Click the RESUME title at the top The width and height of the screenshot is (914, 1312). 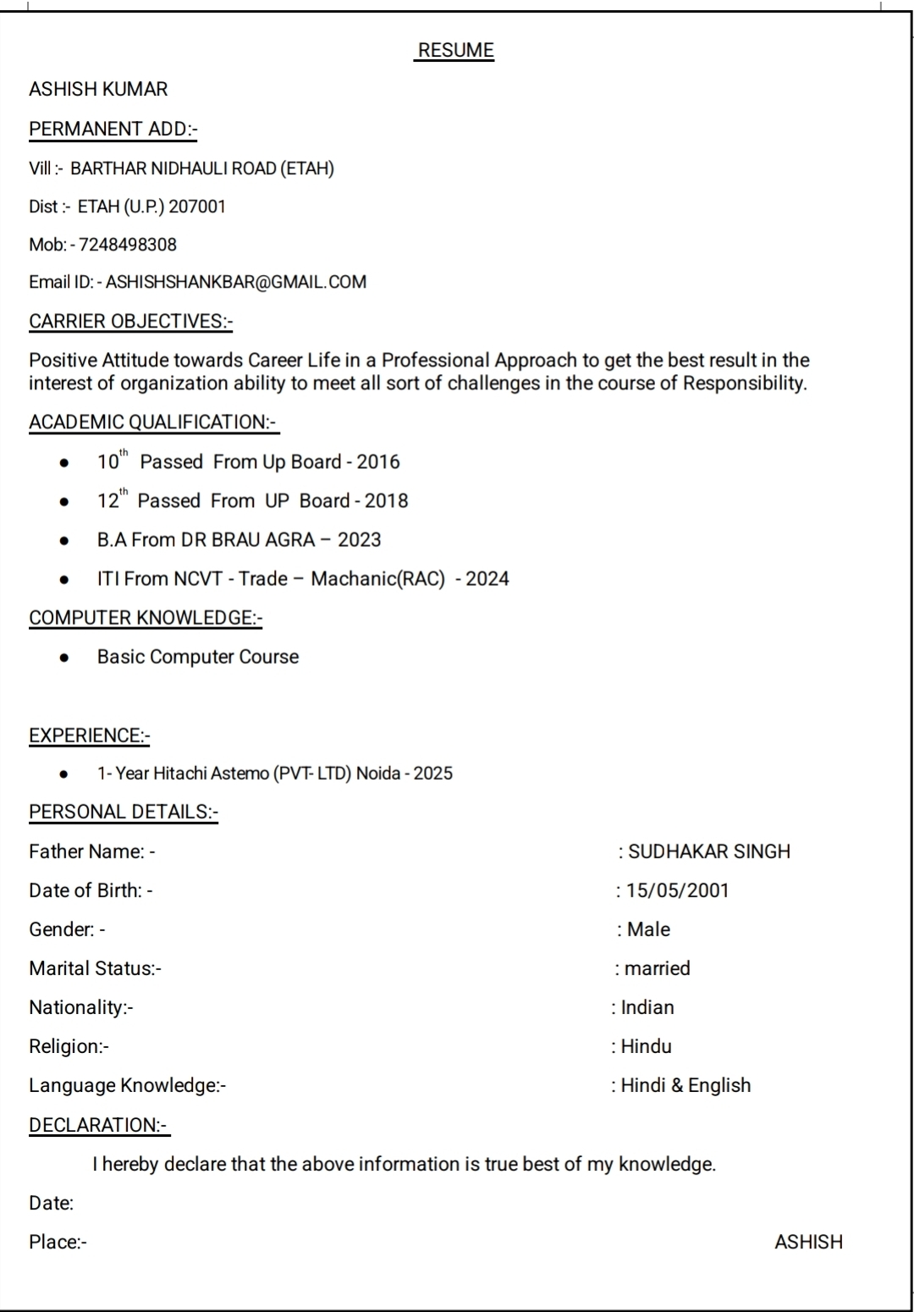click(x=456, y=51)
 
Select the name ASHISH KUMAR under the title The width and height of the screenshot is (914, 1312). click(x=98, y=89)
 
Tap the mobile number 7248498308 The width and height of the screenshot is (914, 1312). click(x=128, y=245)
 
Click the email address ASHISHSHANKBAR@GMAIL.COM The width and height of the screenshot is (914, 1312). click(x=236, y=282)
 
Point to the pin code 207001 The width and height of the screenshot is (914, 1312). click(x=197, y=207)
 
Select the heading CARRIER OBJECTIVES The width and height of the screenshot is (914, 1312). click(x=130, y=322)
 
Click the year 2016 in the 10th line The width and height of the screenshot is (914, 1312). click(x=378, y=462)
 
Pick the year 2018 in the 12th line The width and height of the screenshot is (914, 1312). click(x=387, y=501)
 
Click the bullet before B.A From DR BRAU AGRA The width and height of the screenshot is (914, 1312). click(x=64, y=541)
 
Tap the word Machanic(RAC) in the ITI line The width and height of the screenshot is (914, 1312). click(x=377, y=579)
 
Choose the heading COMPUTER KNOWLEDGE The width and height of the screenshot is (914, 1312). click(x=146, y=618)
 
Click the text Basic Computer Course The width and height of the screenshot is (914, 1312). click(x=198, y=657)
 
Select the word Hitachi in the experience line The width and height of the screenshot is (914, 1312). click(x=179, y=774)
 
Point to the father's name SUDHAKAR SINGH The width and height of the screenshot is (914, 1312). click(x=709, y=852)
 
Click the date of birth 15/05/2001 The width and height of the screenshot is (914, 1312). click(x=677, y=890)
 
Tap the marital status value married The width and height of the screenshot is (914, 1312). click(x=658, y=968)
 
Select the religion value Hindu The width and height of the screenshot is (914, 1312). click(x=647, y=1046)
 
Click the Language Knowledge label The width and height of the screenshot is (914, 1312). click(x=127, y=1085)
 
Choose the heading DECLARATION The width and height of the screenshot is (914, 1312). click(x=99, y=1125)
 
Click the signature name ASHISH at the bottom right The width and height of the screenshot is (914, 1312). click(x=808, y=1242)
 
